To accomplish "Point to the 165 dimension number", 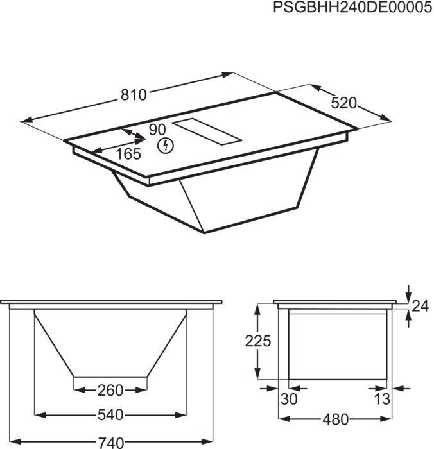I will (128, 154).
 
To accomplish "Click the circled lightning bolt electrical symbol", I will (166, 146).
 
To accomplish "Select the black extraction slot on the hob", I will (208, 132).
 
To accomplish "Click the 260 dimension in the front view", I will (110, 390).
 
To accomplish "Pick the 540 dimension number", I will (110, 415).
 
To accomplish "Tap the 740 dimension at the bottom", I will (110, 442).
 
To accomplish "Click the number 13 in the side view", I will (383, 399).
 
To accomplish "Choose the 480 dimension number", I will (334, 419).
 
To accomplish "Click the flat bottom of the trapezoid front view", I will (110, 376).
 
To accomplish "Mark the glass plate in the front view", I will (110, 301).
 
